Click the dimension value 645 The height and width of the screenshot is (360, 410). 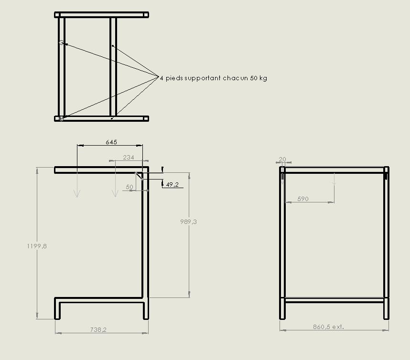coord(111,142)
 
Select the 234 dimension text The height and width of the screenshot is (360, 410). coord(129,158)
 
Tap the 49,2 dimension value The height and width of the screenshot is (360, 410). coord(172,184)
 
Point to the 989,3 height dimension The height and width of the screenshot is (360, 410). coord(188,222)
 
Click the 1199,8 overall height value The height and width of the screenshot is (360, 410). coord(37,246)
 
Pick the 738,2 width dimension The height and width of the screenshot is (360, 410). coord(98,329)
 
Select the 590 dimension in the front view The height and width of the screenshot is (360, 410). coord(303,199)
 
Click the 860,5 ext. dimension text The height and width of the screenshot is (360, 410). coord(328,327)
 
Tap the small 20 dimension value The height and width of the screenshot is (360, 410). coord(282,159)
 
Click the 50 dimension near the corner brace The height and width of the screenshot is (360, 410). coord(129,187)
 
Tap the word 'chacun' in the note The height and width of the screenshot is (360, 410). coord(235,78)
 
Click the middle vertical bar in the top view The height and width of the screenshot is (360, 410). coord(113,67)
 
